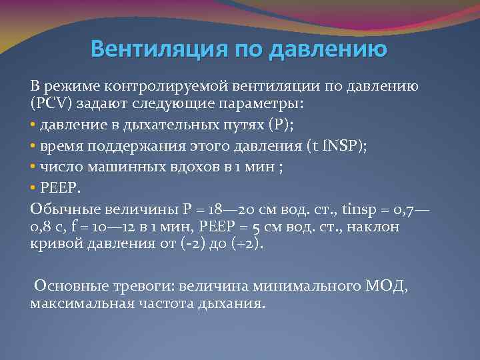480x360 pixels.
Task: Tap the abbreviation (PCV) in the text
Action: point(51,105)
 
